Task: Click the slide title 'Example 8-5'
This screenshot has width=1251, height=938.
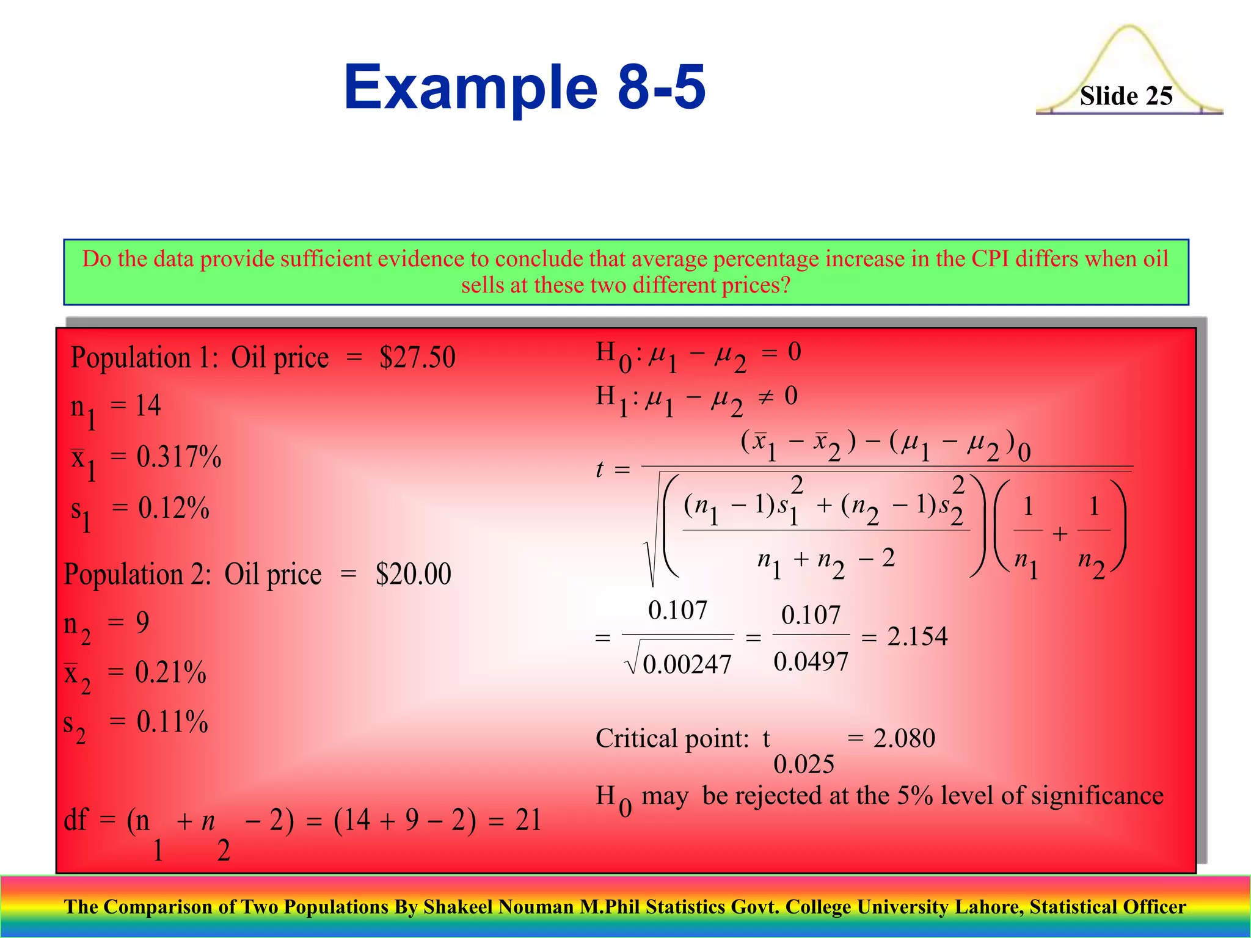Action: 524,87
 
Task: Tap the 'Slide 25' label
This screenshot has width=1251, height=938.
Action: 1126,96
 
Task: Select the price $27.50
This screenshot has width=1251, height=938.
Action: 417,358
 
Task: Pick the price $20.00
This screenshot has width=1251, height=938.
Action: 413,574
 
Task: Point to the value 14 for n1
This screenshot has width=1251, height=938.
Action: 147,405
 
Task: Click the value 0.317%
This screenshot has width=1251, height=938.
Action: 178,457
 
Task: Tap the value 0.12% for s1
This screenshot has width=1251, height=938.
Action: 173,508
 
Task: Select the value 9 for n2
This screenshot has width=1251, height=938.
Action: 142,623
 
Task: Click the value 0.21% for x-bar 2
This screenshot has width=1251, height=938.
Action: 170,672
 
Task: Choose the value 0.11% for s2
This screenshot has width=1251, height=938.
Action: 172,722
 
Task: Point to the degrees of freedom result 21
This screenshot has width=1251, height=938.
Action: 528,820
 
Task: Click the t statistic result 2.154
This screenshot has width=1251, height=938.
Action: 917,637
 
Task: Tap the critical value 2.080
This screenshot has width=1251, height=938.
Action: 904,738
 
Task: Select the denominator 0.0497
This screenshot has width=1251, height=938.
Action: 811,662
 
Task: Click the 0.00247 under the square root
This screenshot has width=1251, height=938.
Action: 687,664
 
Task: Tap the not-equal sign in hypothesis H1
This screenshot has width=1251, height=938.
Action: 765,398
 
